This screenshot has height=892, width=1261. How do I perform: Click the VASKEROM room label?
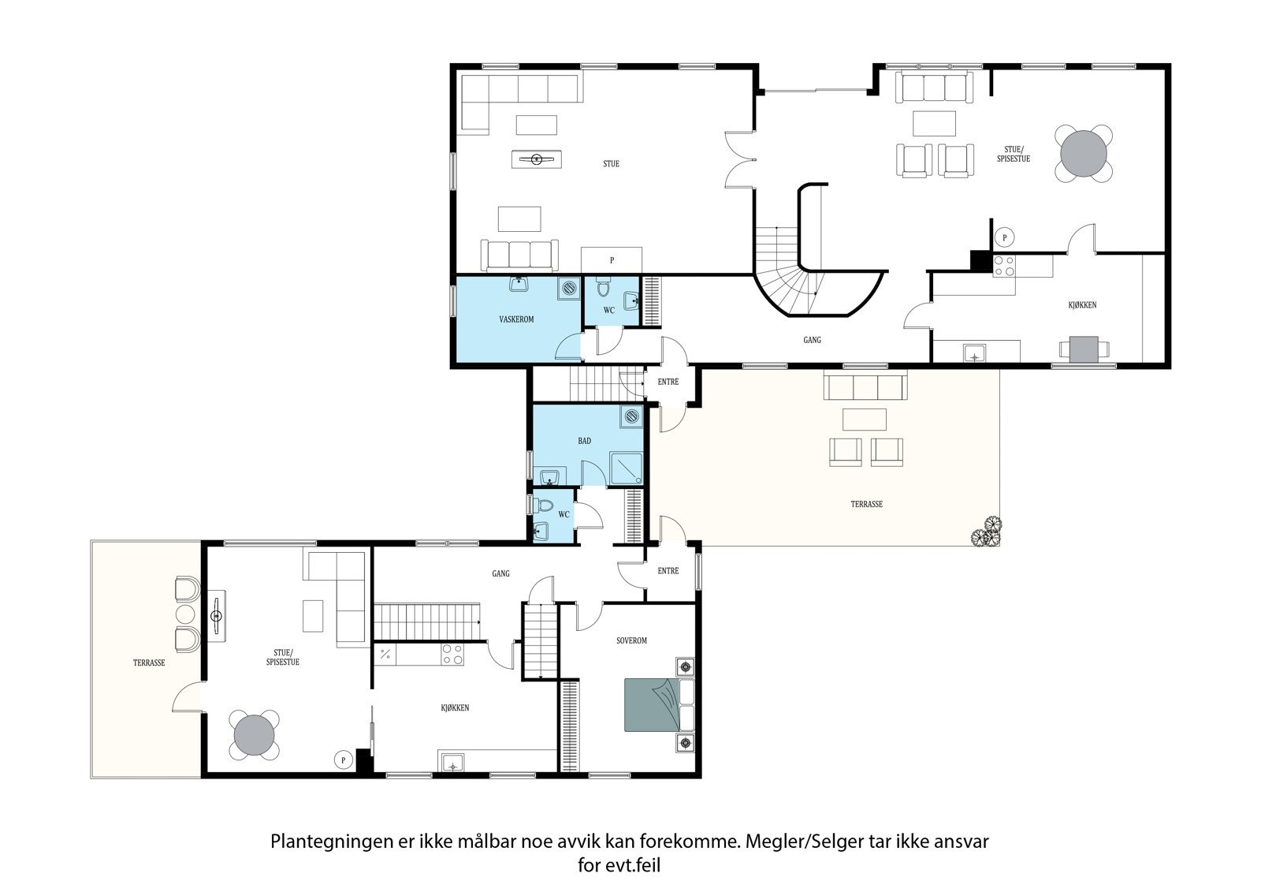(516, 319)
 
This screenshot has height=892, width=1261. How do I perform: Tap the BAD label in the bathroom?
(584, 441)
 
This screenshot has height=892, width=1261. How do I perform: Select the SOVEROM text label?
(631, 640)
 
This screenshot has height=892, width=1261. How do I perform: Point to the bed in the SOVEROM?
(659, 705)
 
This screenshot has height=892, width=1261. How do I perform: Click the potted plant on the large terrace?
(986, 532)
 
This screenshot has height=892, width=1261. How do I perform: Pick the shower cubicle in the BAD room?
(626, 468)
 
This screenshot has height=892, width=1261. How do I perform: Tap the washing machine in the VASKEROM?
(569, 288)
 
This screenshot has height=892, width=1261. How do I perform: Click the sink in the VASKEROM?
(519, 284)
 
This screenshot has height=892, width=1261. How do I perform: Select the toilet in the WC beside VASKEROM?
(603, 287)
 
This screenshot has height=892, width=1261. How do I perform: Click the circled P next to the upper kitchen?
(1004, 237)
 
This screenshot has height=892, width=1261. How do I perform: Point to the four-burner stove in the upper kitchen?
(1004, 266)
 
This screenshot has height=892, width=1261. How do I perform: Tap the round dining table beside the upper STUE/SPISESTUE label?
(1083, 153)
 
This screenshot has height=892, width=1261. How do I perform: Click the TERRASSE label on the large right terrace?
(866, 504)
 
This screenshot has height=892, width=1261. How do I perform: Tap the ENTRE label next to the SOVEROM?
(668, 571)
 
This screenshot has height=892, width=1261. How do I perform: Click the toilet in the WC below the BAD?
(543, 506)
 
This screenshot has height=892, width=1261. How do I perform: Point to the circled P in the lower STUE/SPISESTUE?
(343, 760)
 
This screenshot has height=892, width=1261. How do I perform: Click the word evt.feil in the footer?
(633, 865)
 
